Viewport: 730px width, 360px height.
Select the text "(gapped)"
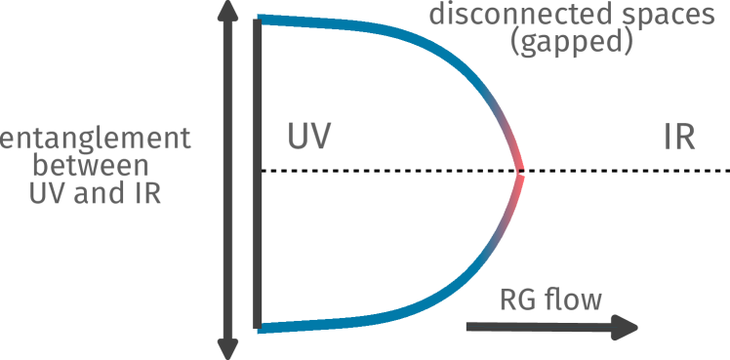tap(573, 42)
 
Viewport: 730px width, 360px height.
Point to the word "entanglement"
tap(96, 139)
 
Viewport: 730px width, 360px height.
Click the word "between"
tap(96, 165)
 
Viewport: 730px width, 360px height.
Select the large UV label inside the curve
tap(309, 139)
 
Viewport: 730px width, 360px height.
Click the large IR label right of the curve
tap(678, 139)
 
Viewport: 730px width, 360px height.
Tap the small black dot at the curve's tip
tap(522, 173)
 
